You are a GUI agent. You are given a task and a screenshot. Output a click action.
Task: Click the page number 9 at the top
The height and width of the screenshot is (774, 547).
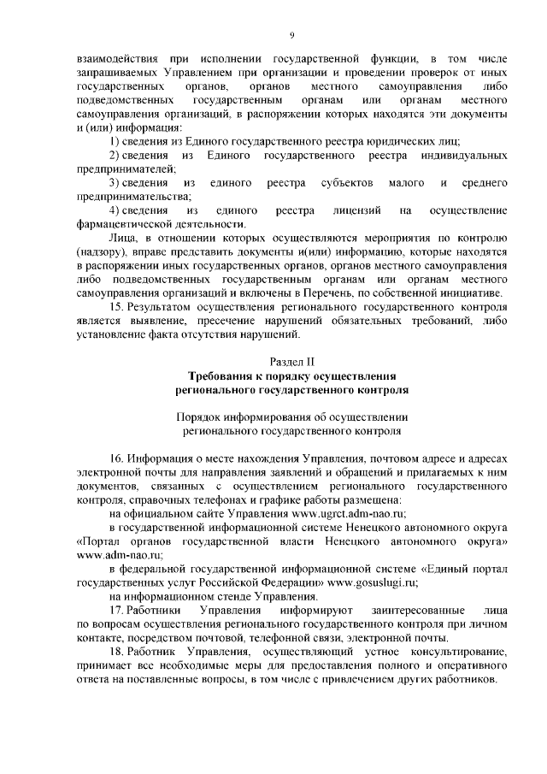[292, 35]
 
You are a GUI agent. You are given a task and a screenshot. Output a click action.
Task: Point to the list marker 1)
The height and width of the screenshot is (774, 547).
[118, 139]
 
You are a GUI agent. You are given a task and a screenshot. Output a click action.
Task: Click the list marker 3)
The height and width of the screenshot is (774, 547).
[118, 182]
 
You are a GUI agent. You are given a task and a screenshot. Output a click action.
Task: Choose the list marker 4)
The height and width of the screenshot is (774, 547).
[118, 210]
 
